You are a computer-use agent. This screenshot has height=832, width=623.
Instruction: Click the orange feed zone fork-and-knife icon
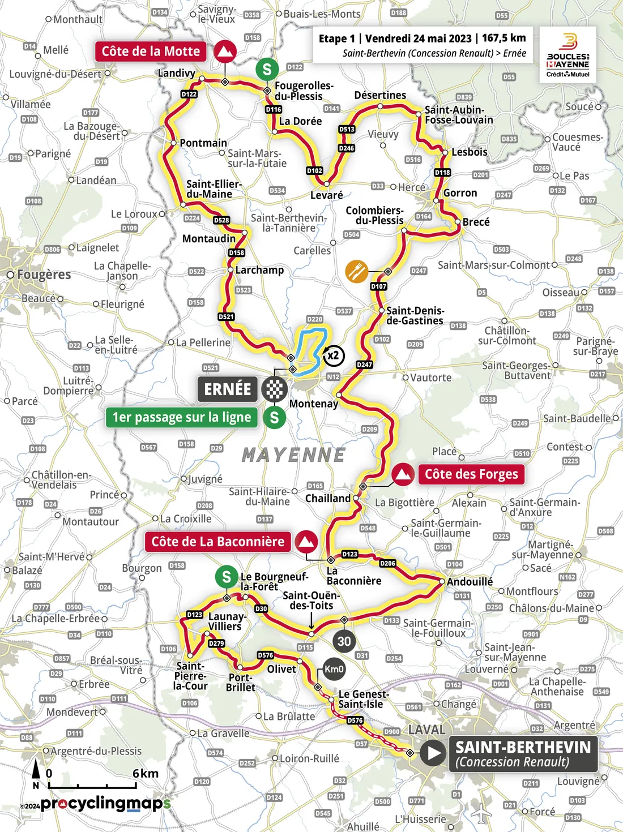(x=356, y=272)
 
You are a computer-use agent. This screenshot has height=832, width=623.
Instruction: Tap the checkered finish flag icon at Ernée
(x=274, y=389)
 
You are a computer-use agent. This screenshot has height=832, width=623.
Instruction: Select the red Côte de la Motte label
(x=151, y=52)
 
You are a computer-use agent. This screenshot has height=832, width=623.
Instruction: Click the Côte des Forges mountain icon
(x=403, y=474)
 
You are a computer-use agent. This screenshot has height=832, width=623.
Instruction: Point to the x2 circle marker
(x=334, y=355)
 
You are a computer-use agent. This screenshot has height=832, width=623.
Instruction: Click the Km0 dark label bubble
(x=334, y=669)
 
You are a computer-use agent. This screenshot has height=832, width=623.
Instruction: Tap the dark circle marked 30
(x=344, y=641)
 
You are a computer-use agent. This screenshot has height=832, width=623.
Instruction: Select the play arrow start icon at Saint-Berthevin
(x=434, y=753)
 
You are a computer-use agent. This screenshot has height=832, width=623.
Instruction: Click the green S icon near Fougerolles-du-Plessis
(x=267, y=70)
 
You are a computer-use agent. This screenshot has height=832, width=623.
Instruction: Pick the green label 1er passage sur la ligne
(x=181, y=418)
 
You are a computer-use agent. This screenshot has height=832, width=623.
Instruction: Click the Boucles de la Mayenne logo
(x=567, y=55)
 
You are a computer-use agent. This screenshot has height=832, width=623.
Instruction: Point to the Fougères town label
(x=44, y=275)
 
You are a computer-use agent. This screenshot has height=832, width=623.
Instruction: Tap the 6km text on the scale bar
(x=146, y=774)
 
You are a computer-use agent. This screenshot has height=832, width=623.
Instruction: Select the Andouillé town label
(x=470, y=582)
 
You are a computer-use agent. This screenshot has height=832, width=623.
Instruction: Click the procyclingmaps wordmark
(x=105, y=804)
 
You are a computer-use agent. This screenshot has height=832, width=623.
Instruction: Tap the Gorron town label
(x=460, y=193)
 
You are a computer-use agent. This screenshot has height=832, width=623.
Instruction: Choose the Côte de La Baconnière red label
(x=217, y=542)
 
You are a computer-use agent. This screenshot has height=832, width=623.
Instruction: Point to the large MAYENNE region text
(x=293, y=455)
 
